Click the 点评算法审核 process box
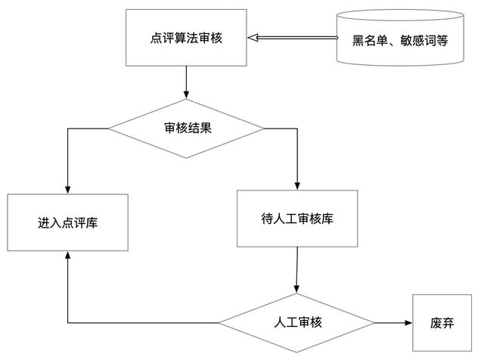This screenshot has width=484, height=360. [x=187, y=37]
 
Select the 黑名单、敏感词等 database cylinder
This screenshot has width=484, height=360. [x=400, y=39]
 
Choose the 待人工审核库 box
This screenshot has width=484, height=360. [x=297, y=219]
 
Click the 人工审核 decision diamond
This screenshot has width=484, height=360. [x=297, y=323]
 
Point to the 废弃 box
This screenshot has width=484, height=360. [x=442, y=323]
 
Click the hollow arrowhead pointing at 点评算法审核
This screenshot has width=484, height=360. [x=254, y=37]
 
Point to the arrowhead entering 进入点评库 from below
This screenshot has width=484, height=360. [x=68, y=256]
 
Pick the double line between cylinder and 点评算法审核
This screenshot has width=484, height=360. [x=299, y=37]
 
